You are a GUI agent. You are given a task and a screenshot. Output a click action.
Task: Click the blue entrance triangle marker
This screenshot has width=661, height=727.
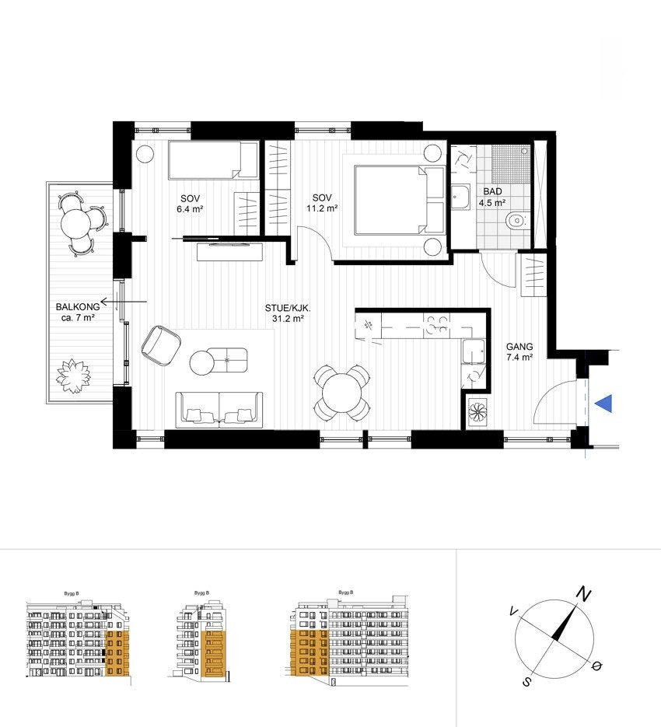pos(603,404)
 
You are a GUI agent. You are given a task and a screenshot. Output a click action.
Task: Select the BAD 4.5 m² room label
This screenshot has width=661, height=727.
pos(491,197)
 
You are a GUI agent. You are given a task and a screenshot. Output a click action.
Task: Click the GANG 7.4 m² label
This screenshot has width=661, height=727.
pos(519,352)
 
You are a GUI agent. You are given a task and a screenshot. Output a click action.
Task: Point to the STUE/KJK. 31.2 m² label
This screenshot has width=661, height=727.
pos(289,313)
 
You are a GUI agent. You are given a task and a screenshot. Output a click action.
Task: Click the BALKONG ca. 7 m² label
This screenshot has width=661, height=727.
pos(75,312)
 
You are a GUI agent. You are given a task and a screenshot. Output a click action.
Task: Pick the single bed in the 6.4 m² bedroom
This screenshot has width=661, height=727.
pos(213,161)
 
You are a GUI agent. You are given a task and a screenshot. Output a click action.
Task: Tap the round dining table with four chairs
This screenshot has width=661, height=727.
pos(341,392)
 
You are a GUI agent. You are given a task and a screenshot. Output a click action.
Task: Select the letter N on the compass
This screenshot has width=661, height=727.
pos(582,595)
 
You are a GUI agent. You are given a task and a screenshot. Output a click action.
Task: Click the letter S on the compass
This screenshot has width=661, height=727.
pos(526,682)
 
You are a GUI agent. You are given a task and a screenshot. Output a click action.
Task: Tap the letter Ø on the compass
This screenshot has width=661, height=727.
pos(596,666)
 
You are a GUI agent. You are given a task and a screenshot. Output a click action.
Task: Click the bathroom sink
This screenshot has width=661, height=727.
pos(460,198)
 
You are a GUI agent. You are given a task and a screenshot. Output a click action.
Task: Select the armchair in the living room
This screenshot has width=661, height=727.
pos(161,344)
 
